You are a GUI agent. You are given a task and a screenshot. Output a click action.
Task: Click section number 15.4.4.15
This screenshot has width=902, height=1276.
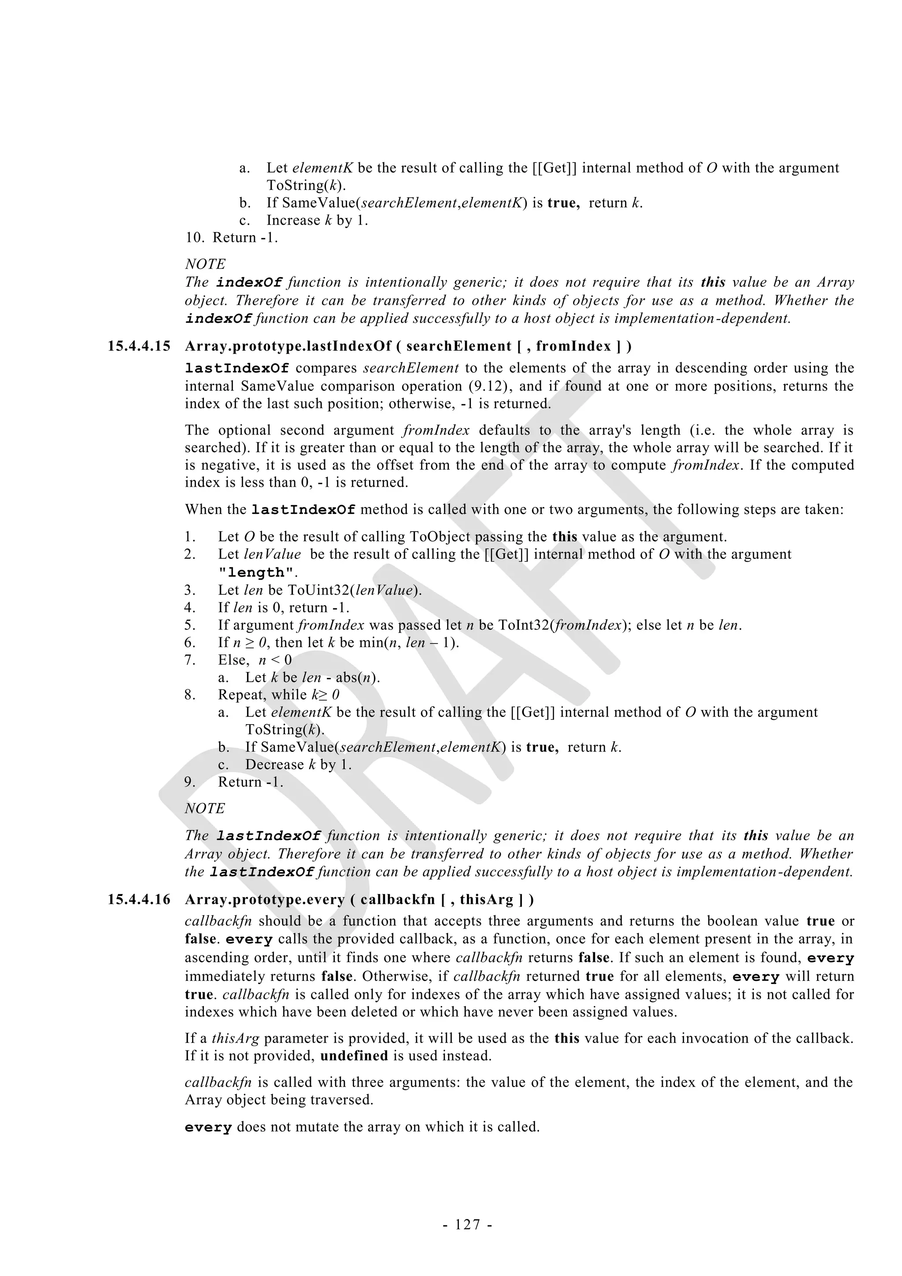point(139,346)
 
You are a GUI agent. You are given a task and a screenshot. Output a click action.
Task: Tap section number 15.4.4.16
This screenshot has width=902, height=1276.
point(139,899)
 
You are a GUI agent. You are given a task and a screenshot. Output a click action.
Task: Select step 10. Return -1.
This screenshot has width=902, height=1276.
point(232,238)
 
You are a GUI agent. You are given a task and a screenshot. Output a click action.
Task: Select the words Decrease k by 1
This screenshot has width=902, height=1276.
point(299,765)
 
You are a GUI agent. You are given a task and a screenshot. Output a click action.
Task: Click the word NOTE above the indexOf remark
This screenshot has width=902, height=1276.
point(205,264)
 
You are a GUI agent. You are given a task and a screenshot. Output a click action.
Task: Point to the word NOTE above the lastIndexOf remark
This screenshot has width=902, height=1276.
point(205,809)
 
